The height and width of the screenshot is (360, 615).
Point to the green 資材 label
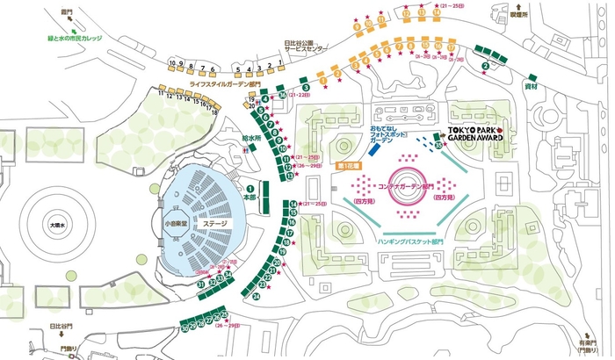click(531, 88)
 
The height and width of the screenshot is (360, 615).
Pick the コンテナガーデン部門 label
click(405, 187)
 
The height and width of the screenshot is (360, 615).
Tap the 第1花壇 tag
click(349, 164)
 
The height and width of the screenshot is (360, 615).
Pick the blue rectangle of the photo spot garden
click(373, 149)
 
